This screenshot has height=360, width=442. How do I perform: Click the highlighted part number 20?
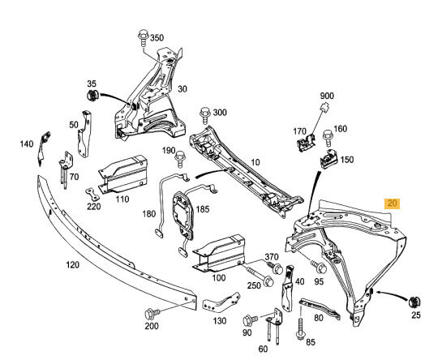pos(393,204)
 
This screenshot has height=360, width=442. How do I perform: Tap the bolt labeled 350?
pos(144,36)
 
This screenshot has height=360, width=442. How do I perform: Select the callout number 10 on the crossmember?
pos(255,162)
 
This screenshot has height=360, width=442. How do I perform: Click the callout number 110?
pos(122,198)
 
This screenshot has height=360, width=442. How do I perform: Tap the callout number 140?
pos(27,144)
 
